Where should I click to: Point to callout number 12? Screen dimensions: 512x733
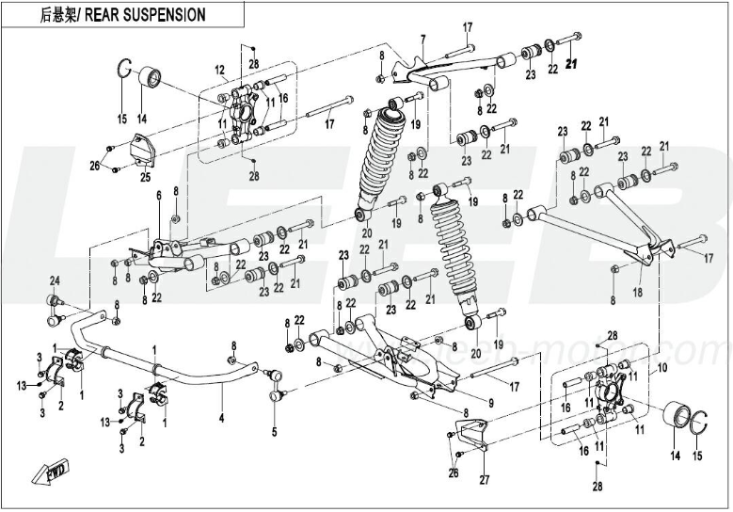click(218, 70)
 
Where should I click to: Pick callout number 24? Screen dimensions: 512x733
click(54, 282)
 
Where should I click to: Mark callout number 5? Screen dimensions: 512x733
click(274, 432)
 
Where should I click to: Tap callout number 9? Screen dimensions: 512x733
click(464, 403)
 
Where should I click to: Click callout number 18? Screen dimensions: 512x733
click(639, 295)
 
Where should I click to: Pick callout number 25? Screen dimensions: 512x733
click(145, 177)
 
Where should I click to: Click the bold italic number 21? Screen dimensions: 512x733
click(575, 66)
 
